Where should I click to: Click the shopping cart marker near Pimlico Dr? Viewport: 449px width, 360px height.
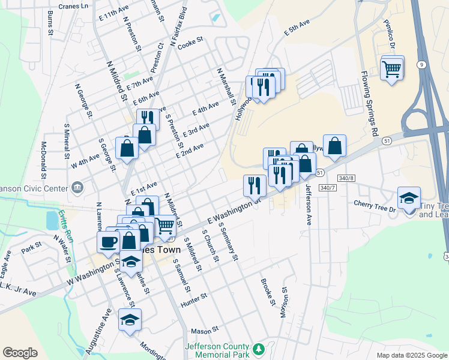[x=392, y=69]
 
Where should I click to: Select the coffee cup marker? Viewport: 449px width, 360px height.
[x=109, y=242]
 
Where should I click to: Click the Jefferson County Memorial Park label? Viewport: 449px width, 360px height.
[x=217, y=350]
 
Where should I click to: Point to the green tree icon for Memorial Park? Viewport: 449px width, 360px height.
[x=259, y=349]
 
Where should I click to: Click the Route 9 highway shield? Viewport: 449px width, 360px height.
[x=423, y=64]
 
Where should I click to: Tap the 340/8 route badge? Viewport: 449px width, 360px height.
[x=347, y=178]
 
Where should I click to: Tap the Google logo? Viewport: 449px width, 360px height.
[x=20, y=353]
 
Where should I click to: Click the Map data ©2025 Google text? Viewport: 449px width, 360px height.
[x=411, y=355]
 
